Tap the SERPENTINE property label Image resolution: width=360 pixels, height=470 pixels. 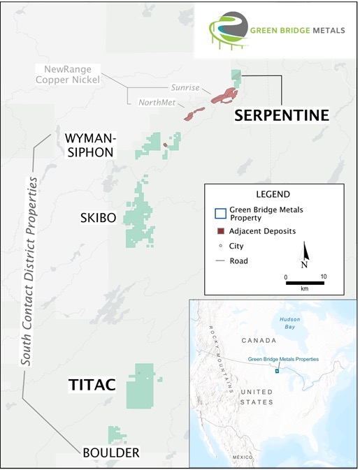pos(281,115)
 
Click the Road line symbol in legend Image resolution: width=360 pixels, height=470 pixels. pos(220,261)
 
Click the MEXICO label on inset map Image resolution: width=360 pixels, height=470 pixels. pos(243,456)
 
